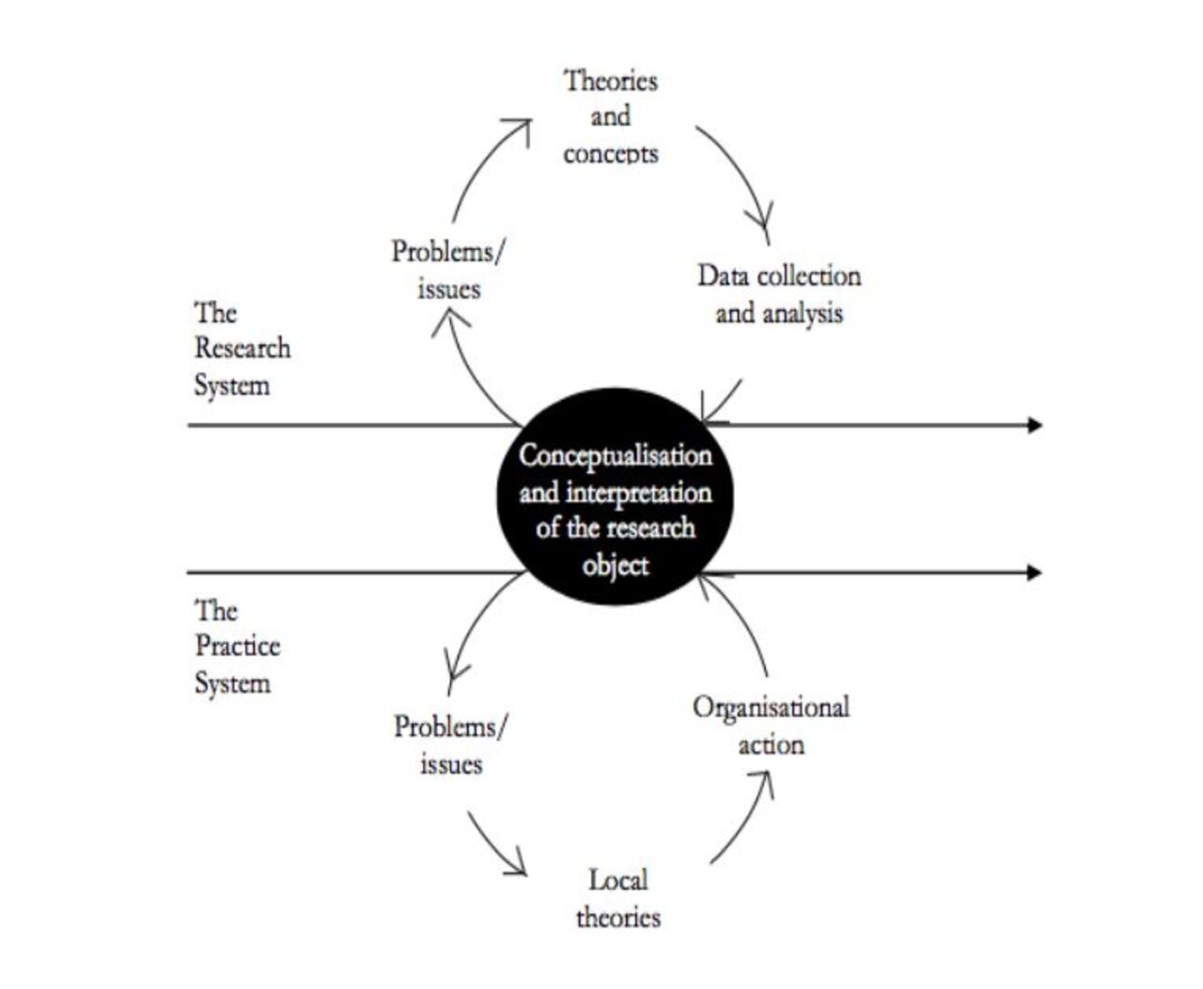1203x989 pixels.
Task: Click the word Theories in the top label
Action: tap(610, 81)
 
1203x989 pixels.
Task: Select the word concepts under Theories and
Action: tap(610, 153)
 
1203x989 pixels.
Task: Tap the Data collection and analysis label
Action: tap(779, 294)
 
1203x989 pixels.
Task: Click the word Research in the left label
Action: tap(242, 348)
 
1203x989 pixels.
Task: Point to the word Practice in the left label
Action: tap(238, 646)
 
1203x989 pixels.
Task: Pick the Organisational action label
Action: tap(771, 726)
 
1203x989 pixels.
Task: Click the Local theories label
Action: tap(617, 899)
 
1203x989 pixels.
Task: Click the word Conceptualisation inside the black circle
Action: tap(616, 456)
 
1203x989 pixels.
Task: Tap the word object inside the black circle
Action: tap(616, 566)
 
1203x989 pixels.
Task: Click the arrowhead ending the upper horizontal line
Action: tap(1034, 425)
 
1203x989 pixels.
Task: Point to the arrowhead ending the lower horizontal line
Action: tap(1034, 573)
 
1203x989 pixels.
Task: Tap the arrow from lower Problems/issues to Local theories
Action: tap(495, 844)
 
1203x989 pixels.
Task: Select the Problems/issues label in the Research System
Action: tap(448, 270)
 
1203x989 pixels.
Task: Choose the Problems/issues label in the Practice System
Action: tap(451, 745)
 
